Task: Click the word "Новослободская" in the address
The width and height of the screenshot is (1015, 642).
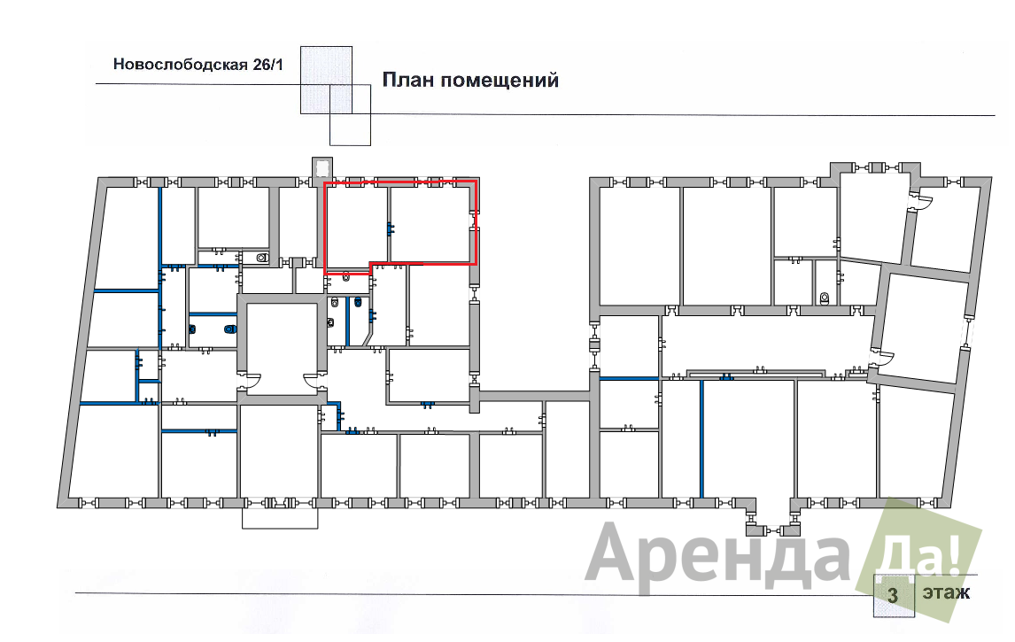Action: click(x=181, y=64)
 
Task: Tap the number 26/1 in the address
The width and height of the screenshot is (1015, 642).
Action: click(x=267, y=64)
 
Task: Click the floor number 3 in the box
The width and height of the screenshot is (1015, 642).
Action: click(x=894, y=595)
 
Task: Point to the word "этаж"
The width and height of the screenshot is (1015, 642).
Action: click(x=947, y=592)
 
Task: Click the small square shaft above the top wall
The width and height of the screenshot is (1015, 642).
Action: click(x=322, y=167)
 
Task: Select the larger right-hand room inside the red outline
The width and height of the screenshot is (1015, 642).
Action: click(x=430, y=224)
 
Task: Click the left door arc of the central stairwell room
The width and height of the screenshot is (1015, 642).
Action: click(x=252, y=382)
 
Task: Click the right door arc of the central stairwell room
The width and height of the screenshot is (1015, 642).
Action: click(x=313, y=382)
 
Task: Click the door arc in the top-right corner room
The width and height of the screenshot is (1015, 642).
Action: click(x=925, y=203)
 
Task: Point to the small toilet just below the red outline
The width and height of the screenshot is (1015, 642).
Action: click(x=346, y=278)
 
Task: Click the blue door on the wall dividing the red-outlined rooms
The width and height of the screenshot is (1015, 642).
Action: click(x=390, y=228)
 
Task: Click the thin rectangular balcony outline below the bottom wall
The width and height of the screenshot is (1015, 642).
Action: click(x=280, y=518)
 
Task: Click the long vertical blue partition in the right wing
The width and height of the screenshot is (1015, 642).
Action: click(x=701, y=439)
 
